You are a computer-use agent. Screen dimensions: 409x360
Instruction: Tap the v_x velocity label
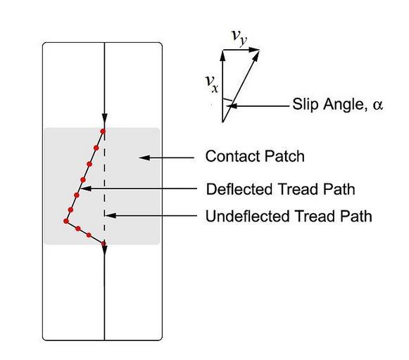click(212, 84)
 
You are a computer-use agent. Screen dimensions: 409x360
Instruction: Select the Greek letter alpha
click(378, 105)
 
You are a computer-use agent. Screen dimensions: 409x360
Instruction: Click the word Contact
click(233, 156)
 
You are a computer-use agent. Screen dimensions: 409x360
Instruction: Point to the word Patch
click(284, 156)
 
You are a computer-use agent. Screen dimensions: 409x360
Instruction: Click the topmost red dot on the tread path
click(103, 131)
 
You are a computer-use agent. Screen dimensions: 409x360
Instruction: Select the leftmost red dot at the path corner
click(66, 221)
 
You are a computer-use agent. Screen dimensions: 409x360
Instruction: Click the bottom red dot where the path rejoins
click(103, 243)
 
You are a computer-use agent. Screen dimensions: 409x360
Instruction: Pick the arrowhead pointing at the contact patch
click(144, 157)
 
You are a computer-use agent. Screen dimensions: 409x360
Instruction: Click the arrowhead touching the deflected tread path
click(86, 188)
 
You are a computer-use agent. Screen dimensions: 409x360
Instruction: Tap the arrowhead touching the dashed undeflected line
click(110, 216)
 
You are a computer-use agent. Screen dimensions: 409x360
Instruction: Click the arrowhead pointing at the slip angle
click(232, 106)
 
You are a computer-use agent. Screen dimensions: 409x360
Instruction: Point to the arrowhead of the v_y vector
click(254, 49)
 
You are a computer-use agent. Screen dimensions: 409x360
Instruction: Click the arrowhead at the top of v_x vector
click(222, 56)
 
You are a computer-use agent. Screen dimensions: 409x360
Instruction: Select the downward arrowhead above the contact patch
click(104, 119)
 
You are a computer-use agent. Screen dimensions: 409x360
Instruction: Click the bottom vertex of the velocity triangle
click(222, 122)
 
